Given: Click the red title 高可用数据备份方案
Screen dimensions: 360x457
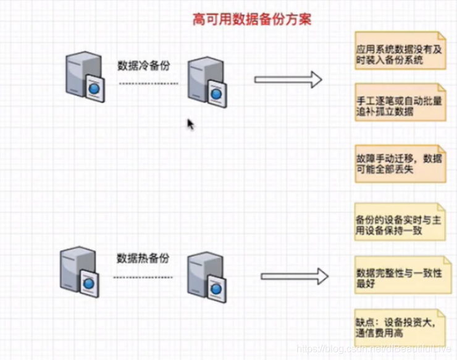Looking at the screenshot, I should (252, 20).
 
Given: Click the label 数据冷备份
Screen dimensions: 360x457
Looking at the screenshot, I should (143, 65).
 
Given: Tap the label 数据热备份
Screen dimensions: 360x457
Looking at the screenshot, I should (143, 258).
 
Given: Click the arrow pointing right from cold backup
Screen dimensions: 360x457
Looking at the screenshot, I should (288, 80).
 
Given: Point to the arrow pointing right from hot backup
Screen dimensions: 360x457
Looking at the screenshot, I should (294, 277).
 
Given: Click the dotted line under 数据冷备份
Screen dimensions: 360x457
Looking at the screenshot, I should (148, 83).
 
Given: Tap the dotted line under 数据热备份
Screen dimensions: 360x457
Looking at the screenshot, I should (143, 277).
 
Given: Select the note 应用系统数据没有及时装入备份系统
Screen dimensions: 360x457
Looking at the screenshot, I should (399, 54).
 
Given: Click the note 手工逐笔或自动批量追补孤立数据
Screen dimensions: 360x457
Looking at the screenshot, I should (399, 106).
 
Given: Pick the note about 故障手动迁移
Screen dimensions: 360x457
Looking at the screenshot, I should (399, 164).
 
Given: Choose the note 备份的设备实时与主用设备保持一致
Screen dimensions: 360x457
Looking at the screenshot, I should (399, 220).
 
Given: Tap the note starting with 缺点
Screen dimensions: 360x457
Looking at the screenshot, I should (399, 327).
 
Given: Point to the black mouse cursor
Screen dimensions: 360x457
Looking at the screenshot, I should (190, 124).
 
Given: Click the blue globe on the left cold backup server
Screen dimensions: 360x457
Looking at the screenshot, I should (94, 88).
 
